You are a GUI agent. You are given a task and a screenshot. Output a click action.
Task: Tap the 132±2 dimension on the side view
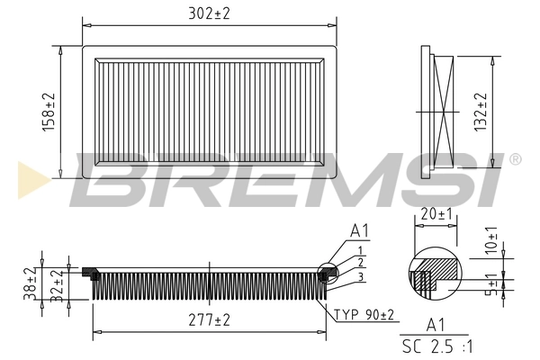click(481, 111)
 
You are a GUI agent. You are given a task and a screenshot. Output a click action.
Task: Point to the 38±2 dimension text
click(29, 283)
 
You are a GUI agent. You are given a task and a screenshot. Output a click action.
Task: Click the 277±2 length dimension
click(209, 319)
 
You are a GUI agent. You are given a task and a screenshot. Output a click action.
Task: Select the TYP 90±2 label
click(365, 315)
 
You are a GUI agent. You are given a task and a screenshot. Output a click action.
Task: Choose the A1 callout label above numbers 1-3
click(359, 232)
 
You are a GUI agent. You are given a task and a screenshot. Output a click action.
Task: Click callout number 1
click(359, 249)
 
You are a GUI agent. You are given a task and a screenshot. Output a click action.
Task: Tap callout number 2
click(359, 262)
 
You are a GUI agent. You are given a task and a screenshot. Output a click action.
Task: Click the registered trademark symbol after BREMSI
click(515, 159)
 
